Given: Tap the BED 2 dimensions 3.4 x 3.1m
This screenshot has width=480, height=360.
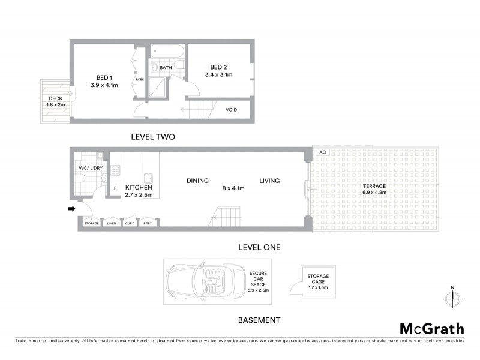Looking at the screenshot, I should tap(218, 75).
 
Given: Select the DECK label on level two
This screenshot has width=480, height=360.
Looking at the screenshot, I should tap(56, 98).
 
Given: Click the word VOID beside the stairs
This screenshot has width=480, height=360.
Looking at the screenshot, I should tap(231, 110).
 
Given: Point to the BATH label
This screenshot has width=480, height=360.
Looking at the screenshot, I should tap(166, 68).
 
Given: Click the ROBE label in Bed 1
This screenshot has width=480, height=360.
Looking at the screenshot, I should tap(139, 79).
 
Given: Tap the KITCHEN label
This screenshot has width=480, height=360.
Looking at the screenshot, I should tap(139, 187).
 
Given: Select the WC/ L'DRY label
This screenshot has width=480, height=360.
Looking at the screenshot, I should tap(90, 169).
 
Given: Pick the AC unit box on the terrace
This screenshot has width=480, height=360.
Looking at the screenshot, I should tap(322, 152).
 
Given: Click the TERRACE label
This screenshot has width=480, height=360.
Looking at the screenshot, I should tap(374, 186).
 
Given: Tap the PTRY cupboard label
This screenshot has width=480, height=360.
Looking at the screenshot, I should tap(147, 223).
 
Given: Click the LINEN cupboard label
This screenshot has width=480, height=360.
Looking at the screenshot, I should tap(111, 223).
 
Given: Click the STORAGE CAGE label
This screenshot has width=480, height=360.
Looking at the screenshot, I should tap(317, 279).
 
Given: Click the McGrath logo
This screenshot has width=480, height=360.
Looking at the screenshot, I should tap(431, 328).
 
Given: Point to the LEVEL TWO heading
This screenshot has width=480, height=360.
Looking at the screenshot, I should tap(152, 137).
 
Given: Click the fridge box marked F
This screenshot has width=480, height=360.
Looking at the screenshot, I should tap(115, 188).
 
